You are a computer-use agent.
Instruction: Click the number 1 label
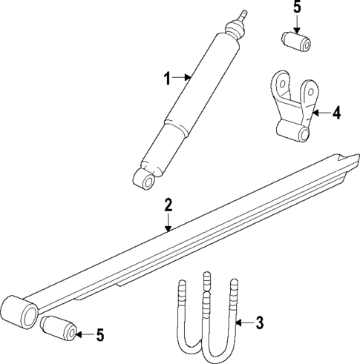(x=167, y=76)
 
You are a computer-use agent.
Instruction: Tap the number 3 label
(x=258, y=322)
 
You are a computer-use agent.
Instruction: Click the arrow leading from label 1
(x=183, y=76)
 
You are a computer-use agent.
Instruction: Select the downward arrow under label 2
(x=168, y=222)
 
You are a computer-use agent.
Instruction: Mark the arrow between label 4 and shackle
(x=320, y=113)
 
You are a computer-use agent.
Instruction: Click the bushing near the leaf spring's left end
(x=59, y=328)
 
